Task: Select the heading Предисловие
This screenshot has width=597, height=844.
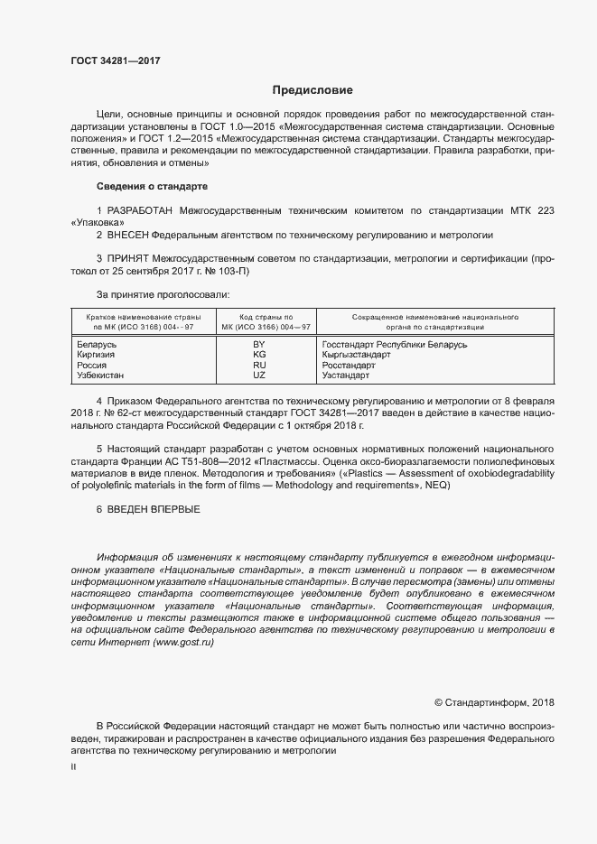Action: tap(312, 90)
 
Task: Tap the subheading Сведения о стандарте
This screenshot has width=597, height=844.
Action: tap(152, 186)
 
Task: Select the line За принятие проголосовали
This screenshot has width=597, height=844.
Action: tap(163, 294)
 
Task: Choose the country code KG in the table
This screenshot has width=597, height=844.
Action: tap(259, 356)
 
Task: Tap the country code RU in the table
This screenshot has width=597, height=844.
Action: tap(259, 366)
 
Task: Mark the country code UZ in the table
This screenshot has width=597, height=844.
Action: tap(259, 376)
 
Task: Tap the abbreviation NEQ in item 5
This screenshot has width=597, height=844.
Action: tap(446, 485)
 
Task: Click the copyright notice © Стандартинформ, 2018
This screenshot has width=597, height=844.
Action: tap(494, 701)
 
